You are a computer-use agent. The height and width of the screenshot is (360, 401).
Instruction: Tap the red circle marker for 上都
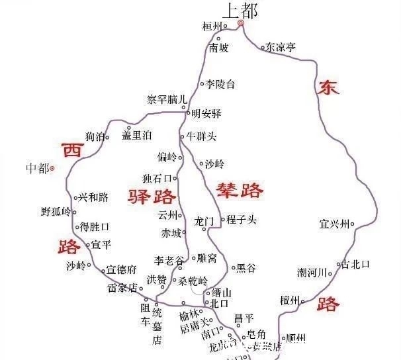[241, 23]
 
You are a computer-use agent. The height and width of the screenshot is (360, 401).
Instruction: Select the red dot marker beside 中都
[53, 168]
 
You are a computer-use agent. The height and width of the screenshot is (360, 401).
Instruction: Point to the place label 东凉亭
[281, 47]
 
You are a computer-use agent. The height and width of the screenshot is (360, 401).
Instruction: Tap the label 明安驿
[206, 113]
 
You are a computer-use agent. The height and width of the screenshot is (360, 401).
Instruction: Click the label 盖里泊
[137, 135]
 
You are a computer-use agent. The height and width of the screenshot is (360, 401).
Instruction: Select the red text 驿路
[152, 195]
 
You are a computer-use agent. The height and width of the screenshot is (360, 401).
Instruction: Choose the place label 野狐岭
[55, 212]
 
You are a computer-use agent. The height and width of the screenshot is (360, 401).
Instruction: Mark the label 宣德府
[122, 269]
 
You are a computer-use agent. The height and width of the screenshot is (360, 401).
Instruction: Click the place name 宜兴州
[334, 224]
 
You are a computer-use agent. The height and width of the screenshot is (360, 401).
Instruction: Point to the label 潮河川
[312, 273]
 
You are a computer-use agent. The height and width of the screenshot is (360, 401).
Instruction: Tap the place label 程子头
[241, 220]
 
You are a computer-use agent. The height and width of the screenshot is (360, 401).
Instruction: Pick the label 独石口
[157, 178]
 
